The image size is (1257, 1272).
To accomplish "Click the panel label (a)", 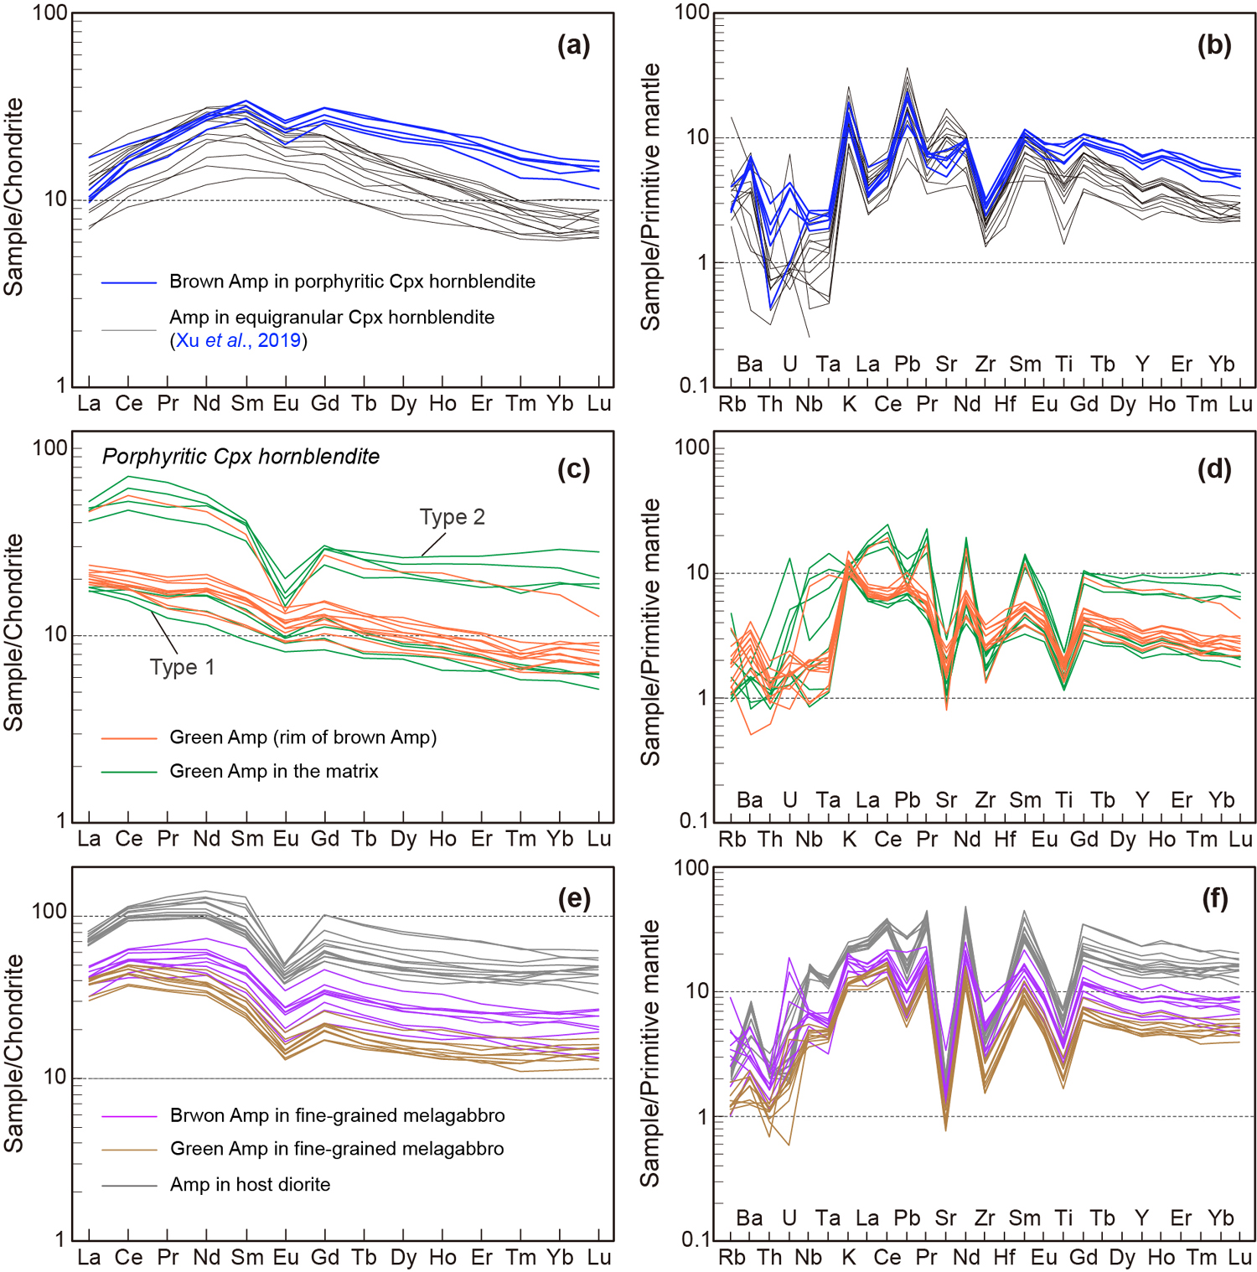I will (574, 45).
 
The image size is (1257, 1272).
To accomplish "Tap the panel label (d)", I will (1214, 469).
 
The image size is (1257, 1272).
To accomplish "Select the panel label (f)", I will (1214, 899).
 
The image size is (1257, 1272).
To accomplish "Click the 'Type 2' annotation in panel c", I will (453, 517).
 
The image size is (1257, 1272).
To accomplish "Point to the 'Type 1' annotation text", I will (182, 667).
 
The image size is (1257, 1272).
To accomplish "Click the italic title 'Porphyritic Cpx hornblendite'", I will (241, 457).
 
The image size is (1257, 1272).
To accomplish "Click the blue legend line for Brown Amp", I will (129, 283).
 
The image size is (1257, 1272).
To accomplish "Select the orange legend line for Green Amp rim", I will (129, 738).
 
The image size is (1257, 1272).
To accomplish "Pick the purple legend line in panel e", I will (129, 1116).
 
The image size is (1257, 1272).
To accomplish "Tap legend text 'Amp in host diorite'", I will (250, 1184).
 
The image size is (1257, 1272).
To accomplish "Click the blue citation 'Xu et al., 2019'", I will (239, 340).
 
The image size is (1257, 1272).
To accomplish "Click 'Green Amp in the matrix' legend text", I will (274, 771).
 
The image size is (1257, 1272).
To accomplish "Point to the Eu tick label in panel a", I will (286, 404).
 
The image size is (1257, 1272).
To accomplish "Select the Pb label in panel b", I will (907, 365).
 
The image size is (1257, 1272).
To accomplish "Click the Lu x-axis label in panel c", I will (598, 839).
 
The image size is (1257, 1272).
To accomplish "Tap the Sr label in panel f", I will (945, 1218).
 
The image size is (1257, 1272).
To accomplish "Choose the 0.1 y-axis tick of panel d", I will (693, 821).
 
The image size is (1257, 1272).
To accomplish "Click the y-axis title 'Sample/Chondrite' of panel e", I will (14, 1053).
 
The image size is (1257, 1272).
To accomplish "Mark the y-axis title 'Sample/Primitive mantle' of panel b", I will (651, 197).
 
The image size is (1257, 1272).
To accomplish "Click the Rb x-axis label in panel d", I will (732, 840).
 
